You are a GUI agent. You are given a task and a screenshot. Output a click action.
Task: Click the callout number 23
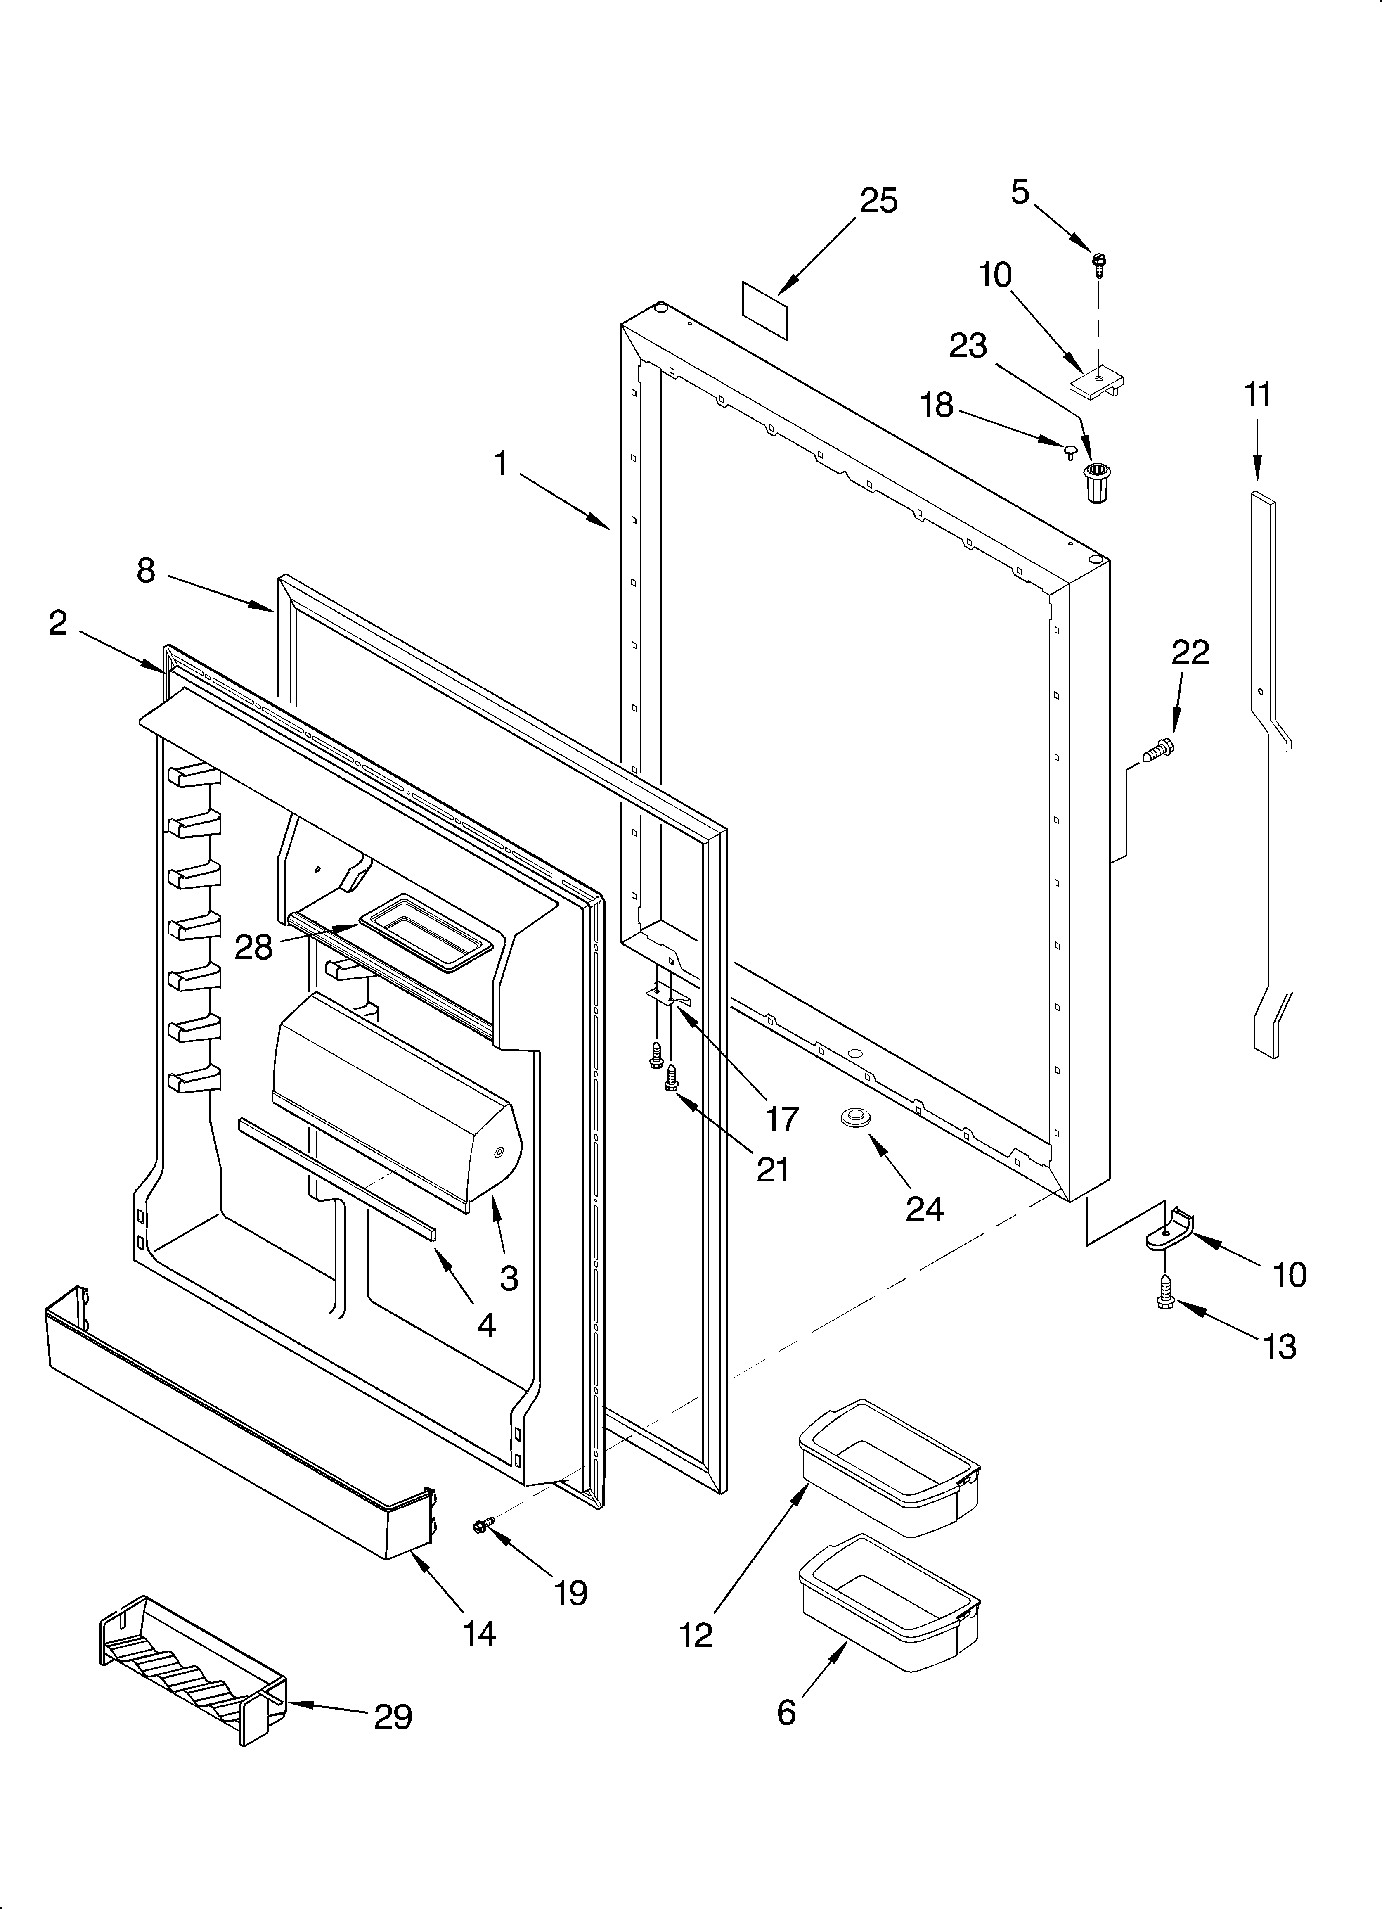968,346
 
